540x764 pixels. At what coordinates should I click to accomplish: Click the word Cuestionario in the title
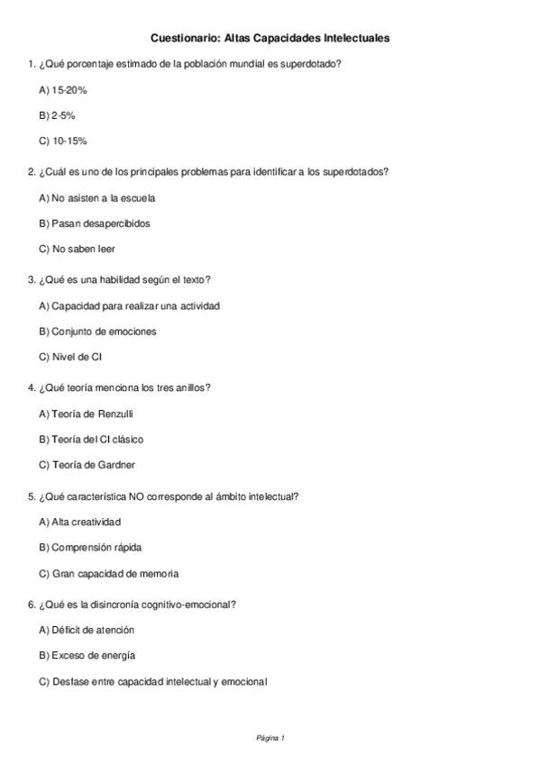click(183, 39)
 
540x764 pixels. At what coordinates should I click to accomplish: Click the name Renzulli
click(120, 414)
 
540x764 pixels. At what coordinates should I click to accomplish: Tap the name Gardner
click(117, 464)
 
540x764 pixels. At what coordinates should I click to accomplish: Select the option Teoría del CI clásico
click(91, 439)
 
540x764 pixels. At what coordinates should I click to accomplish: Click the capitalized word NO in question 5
click(162, 496)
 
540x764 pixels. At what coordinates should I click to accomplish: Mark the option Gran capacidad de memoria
click(108, 572)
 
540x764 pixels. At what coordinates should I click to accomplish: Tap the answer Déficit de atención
click(87, 630)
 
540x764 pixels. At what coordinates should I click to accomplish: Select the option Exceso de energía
click(87, 655)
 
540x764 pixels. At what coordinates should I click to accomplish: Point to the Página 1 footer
click(270, 738)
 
